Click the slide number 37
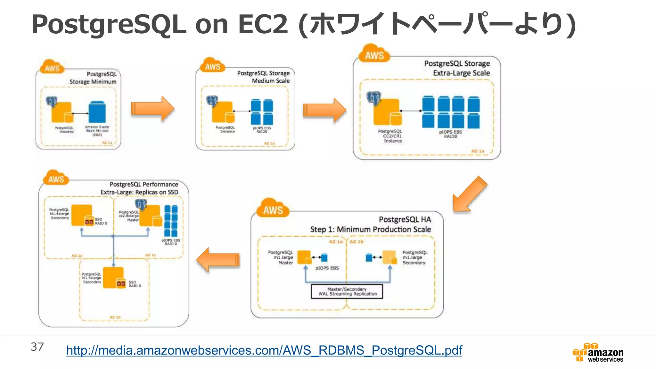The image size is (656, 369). (37, 347)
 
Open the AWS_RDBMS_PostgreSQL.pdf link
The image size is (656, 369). (264, 350)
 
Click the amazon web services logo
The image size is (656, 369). (598, 352)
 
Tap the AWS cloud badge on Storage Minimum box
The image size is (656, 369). (52, 68)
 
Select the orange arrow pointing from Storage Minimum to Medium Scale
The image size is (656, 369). (152, 109)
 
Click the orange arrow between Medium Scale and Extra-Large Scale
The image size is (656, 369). (324, 110)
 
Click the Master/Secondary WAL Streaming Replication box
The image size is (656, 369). (347, 291)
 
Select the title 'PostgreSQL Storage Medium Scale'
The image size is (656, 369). (263, 77)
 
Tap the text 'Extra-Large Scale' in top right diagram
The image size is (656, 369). (461, 73)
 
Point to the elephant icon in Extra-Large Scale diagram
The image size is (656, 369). (374, 98)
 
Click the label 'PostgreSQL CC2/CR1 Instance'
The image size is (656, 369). (390, 136)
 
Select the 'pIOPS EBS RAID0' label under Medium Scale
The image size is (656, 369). (261, 130)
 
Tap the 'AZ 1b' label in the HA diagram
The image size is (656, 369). (357, 242)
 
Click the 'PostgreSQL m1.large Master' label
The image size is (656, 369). (281, 258)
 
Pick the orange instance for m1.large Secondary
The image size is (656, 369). (389, 257)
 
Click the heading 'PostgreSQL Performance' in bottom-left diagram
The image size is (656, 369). (144, 184)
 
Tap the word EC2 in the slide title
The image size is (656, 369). (263, 24)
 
